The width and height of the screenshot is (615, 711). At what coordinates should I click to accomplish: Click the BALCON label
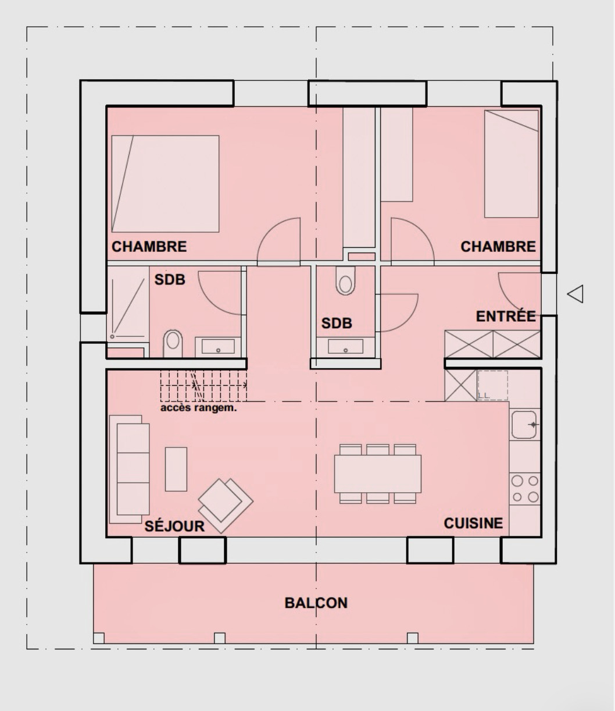pyautogui.click(x=316, y=603)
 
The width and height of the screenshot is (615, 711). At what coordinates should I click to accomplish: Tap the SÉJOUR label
pyautogui.click(x=174, y=526)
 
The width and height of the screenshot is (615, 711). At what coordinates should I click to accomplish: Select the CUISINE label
pyautogui.click(x=473, y=523)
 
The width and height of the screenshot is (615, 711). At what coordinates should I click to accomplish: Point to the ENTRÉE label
pyautogui.click(x=506, y=316)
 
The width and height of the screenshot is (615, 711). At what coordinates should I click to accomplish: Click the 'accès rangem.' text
pyautogui.click(x=199, y=408)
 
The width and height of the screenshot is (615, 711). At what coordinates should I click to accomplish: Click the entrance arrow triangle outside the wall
pyautogui.click(x=575, y=294)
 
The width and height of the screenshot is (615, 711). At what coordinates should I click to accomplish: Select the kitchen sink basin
pyautogui.click(x=524, y=425)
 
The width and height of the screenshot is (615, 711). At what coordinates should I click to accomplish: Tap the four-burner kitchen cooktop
pyautogui.click(x=525, y=489)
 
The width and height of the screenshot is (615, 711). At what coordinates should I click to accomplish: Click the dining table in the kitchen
pyautogui.click(x=378, y=474)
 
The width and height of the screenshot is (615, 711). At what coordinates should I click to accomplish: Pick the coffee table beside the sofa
pyautogui.click(x=176, y=469)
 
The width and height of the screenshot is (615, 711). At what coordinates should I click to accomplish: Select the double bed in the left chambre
pyautogui.click(x=165, y=184)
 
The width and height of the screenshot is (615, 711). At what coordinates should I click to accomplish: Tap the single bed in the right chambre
pyautogui.click(x=511, y=163)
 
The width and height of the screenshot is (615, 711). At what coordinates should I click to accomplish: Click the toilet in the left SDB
pyautogui.click(x=173, y=343)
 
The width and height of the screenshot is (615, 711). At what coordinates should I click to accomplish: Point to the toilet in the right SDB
pyautogui.click(x=345, y=280)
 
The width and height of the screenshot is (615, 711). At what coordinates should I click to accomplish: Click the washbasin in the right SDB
pyautogui.click(x=345, y=346)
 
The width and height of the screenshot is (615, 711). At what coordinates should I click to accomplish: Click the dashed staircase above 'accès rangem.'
pyautogui.click(x=203, y=386)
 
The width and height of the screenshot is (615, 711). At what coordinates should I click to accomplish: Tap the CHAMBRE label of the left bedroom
pyautogui.click(x=149, y=246)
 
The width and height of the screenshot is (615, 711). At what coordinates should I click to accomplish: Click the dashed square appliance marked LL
pyautogui.click(x=493, y=385)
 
